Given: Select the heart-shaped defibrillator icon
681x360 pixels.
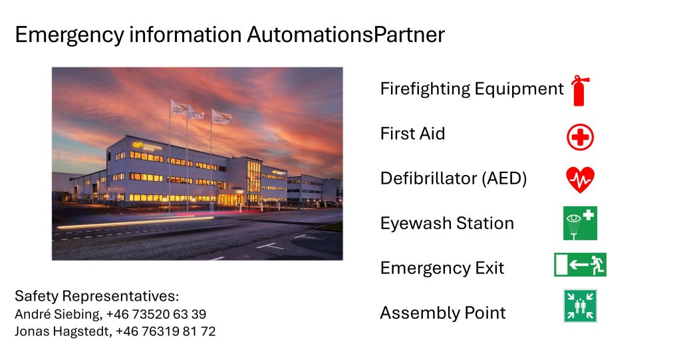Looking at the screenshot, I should coord(580,180).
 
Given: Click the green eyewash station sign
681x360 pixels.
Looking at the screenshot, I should coord(580,223).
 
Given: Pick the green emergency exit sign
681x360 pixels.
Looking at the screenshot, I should coord(580,265).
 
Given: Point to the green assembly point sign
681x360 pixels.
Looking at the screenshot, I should coord(580,305).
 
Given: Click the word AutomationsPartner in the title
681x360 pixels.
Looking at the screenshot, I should coord(346,35).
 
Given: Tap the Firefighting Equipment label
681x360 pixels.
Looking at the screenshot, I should coord(472,89).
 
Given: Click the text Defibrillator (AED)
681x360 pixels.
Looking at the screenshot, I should coord(454,178).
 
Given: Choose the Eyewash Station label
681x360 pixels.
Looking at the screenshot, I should coord(447,223).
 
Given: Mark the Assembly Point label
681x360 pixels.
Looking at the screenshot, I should coord(443,313).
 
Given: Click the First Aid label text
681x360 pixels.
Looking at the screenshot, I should coord(412,134).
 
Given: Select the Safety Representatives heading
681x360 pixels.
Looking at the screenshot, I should coord(97,296).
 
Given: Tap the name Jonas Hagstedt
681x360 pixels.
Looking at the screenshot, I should coord(61,331).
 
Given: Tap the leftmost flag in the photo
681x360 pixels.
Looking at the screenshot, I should coord(179,109).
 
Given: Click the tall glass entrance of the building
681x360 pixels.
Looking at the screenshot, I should coord(253,180).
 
